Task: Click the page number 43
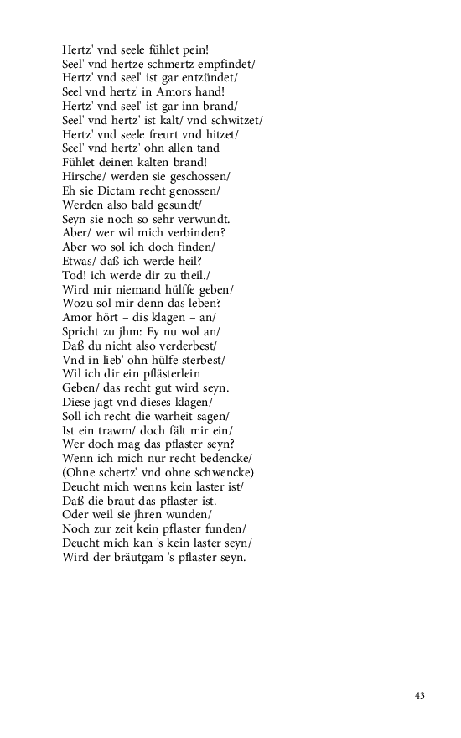coord(420,695)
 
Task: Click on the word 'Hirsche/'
coord(82,176)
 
